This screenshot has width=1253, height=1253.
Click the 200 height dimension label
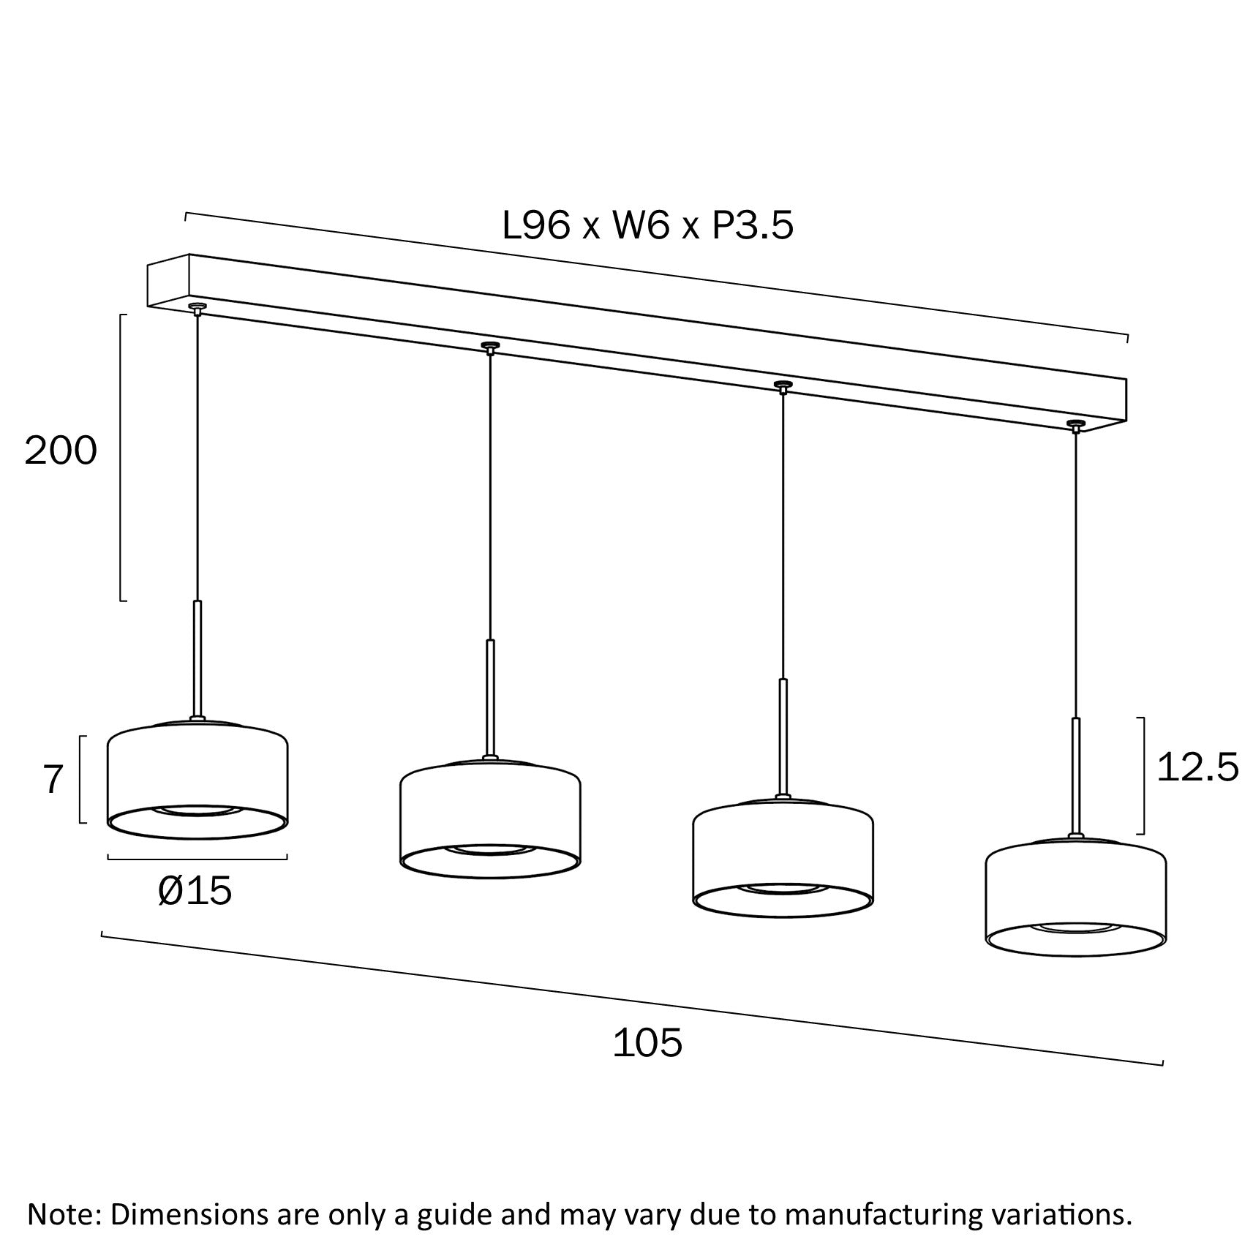[x=61, y=451]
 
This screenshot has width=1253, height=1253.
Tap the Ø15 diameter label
[x=195, y=891]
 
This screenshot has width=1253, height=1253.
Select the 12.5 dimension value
[x=1197, y=767]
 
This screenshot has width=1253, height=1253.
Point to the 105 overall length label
[x=647, y=1042]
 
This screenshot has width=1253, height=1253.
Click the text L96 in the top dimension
[x=535, y=226]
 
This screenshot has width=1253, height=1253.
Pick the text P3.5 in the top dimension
[x=753, y=226]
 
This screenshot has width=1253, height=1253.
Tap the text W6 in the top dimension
[x=640, y=226]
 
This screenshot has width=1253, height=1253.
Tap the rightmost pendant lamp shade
[x=1075, y=900]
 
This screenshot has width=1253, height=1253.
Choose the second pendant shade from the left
[x=490, y=819]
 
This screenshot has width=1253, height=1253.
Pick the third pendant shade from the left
[x=782, y=859]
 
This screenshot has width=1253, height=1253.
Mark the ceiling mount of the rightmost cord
[x=1075, y=424]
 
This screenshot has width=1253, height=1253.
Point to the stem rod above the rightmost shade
[x=1075, y=775]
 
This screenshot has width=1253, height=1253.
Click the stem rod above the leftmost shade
[x=197, y=658]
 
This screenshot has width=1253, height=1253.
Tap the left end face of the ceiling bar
[x=169, y=282]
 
